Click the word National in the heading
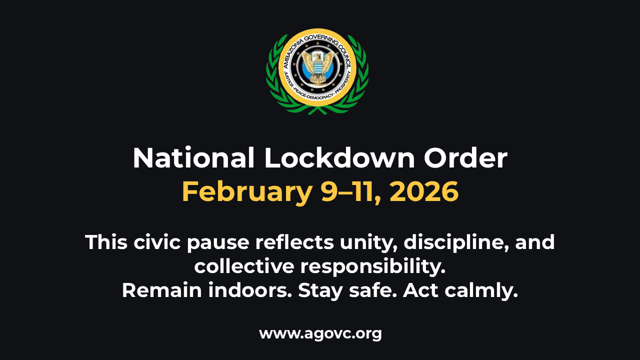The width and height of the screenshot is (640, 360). click(x=193, y=158)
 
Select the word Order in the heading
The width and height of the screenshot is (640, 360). click(x=465, y=158)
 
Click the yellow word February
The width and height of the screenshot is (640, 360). click(x=247, y=191)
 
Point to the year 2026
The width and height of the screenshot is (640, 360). click(x=424, y=191)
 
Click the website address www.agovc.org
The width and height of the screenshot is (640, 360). click(x=320, y=333)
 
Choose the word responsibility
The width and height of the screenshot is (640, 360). click(x=372, y=266)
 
